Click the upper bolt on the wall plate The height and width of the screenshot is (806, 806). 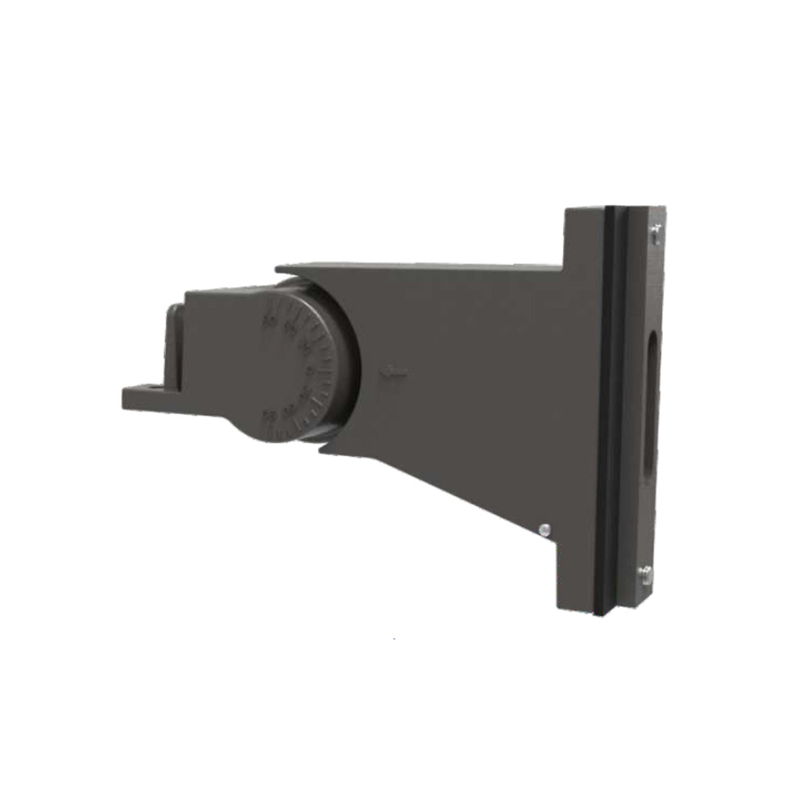656,233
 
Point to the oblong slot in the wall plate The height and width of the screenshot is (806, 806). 650,403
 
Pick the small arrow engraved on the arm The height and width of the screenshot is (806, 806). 394,372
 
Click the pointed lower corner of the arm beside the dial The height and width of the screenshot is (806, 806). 321,449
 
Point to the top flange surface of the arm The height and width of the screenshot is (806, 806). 416,267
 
